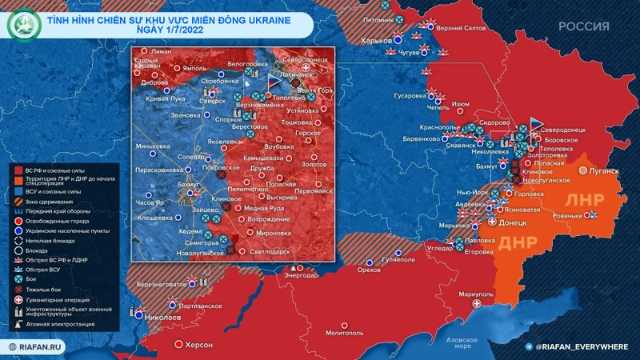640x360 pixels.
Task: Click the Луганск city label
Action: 602,171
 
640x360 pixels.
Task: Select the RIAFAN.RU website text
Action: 39,347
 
